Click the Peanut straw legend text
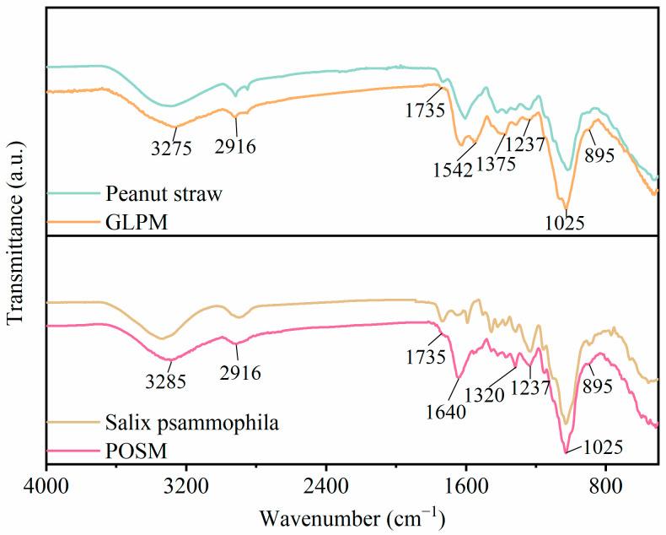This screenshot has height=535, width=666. [164, 193]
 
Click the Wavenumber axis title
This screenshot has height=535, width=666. [352, 516]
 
